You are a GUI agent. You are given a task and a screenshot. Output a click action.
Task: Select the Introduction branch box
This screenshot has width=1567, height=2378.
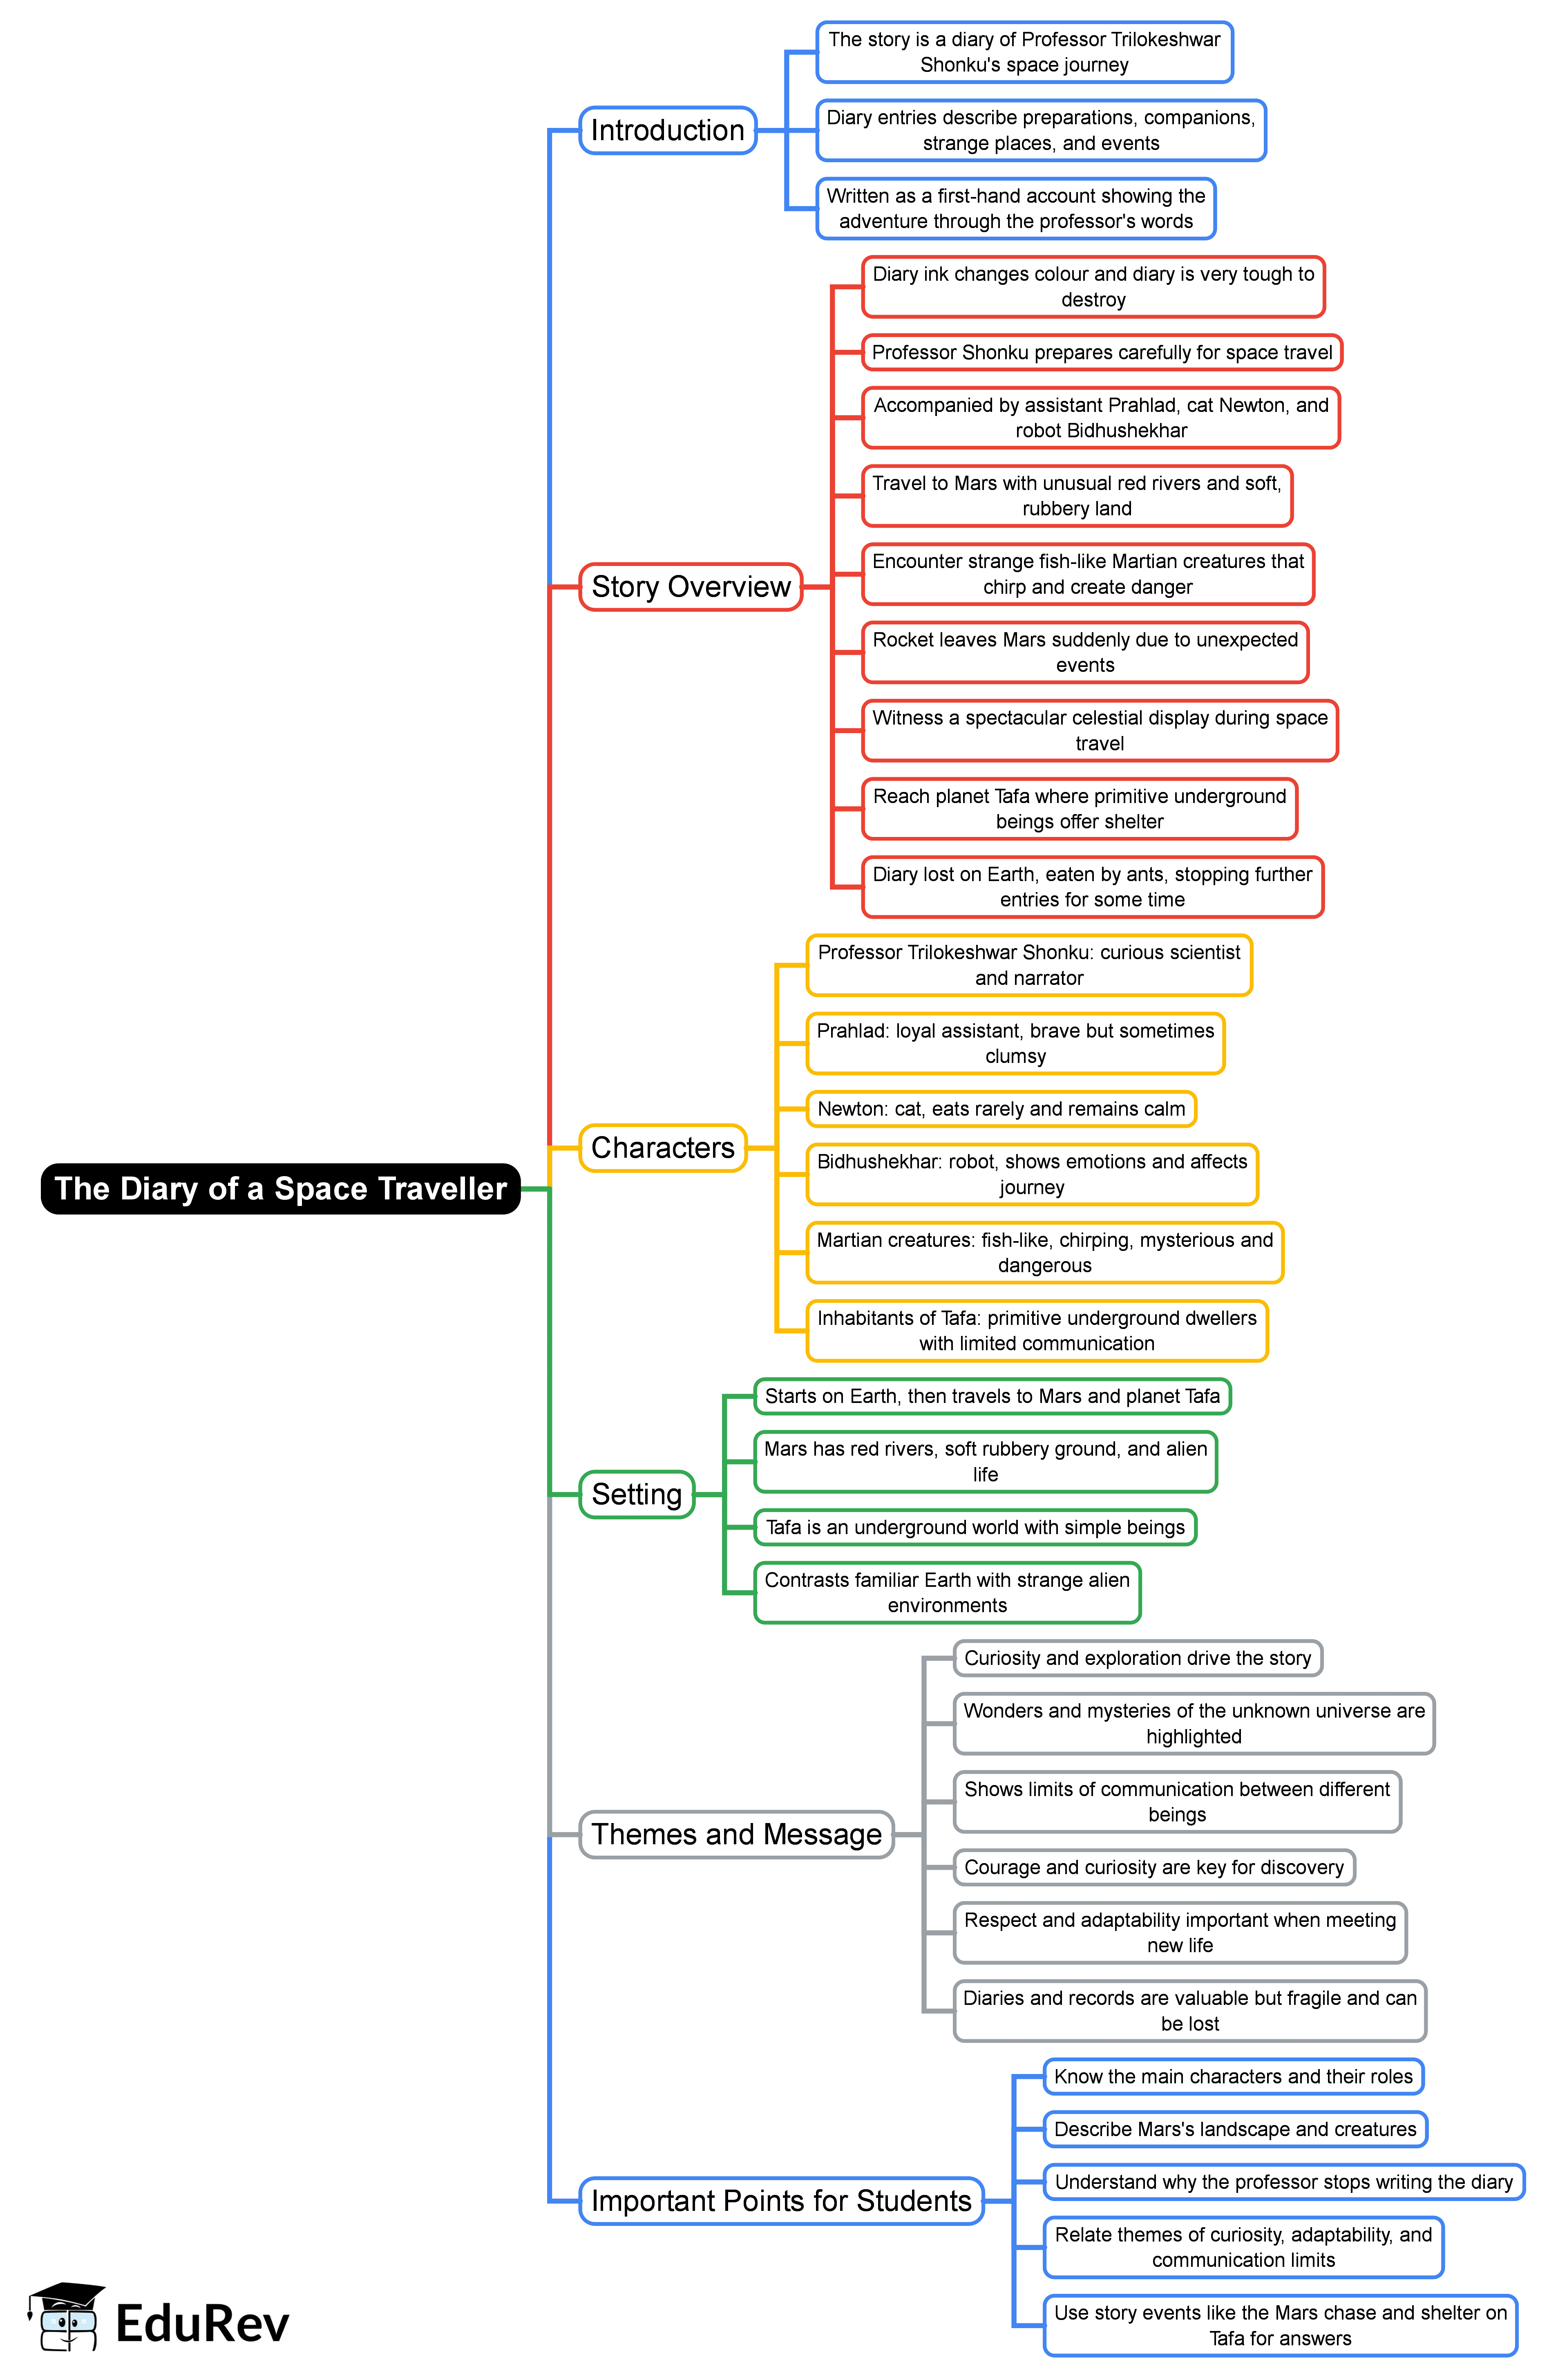tap(668, 130)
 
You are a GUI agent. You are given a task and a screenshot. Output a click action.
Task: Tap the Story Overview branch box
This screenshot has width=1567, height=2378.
tap(691, 587)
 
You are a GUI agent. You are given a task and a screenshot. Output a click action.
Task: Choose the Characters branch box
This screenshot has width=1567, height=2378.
tap(663, 1148)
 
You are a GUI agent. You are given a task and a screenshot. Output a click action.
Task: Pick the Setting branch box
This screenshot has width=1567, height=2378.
tap(637, 1494)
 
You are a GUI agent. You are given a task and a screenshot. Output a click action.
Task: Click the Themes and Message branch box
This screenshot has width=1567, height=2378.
tap(737, 1834)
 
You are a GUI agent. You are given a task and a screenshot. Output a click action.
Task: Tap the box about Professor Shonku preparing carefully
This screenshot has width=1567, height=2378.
tap(1101, 352)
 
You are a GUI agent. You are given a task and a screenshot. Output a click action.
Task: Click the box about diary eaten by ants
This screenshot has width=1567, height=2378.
tap(1092, 887)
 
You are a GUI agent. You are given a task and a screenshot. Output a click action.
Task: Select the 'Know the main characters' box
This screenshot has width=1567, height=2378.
tap(1233, 2076)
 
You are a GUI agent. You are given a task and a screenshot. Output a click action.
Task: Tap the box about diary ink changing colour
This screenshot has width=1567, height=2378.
tap(1093, 287)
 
